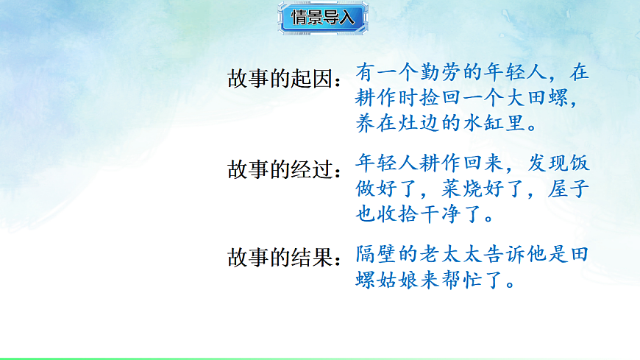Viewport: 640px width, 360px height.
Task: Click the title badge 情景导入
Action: click(x=323, y=18)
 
